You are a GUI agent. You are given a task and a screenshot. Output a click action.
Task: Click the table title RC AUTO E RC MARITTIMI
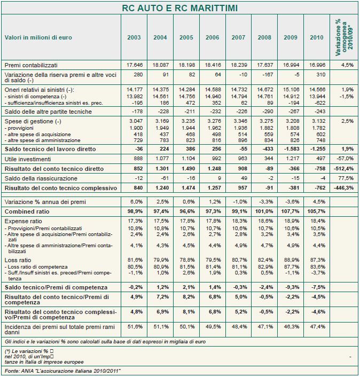[x=180, y=8]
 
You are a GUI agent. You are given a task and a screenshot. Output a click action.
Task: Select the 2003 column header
[x=134, y=37]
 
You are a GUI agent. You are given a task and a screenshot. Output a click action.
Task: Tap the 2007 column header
[x=238, y=37]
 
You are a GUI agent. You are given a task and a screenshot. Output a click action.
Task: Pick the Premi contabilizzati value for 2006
[x=213, y=65]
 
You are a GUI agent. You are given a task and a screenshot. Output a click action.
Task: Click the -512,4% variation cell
[x=342, y=169]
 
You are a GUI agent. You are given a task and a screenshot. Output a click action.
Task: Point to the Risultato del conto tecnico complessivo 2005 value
[x=186, y=189]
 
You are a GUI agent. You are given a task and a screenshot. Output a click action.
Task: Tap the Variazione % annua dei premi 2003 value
[x=134, y=202]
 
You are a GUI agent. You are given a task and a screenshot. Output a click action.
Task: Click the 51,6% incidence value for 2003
[x=134, y=326]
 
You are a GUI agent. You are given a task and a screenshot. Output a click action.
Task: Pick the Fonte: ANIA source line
[x=63, y=371]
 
